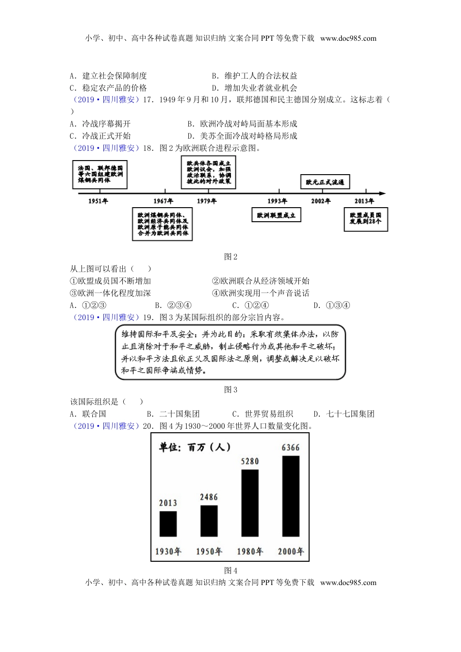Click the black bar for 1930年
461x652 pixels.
pos(168,523)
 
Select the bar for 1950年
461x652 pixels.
pos(209,521)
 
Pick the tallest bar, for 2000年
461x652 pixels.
pos(291,496)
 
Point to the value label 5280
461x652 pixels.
pos(249,461)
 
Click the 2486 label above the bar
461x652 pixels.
pos(209,497)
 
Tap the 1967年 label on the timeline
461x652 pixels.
pos(163,201)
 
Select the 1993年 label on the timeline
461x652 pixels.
pos(277,201)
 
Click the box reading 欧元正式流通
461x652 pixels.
pos(325,182)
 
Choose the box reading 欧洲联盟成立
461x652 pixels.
pos(276,215)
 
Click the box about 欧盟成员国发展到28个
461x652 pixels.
pos(365,218)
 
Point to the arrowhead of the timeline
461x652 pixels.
pos(383,193)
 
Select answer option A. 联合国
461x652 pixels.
pos(88,414)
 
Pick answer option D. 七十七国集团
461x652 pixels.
pos(344,414)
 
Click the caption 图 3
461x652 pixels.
pos(230,390)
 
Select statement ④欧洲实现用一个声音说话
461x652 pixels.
pos(261,293)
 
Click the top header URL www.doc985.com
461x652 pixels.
pos(348,38)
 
